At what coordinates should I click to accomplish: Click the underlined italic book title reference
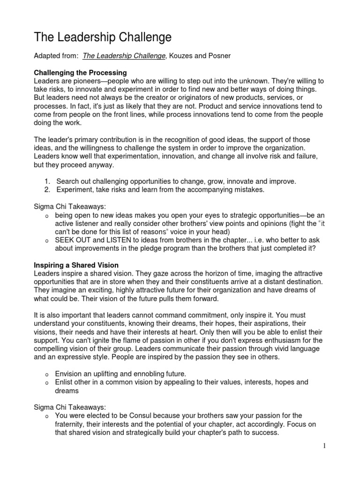tap(124, 56)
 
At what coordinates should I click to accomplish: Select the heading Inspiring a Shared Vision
tap(76, 265)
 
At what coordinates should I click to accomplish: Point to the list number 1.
tap(47, 181)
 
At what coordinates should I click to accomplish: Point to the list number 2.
tap(47, 189)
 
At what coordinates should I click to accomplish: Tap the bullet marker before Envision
tap(46, 374)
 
